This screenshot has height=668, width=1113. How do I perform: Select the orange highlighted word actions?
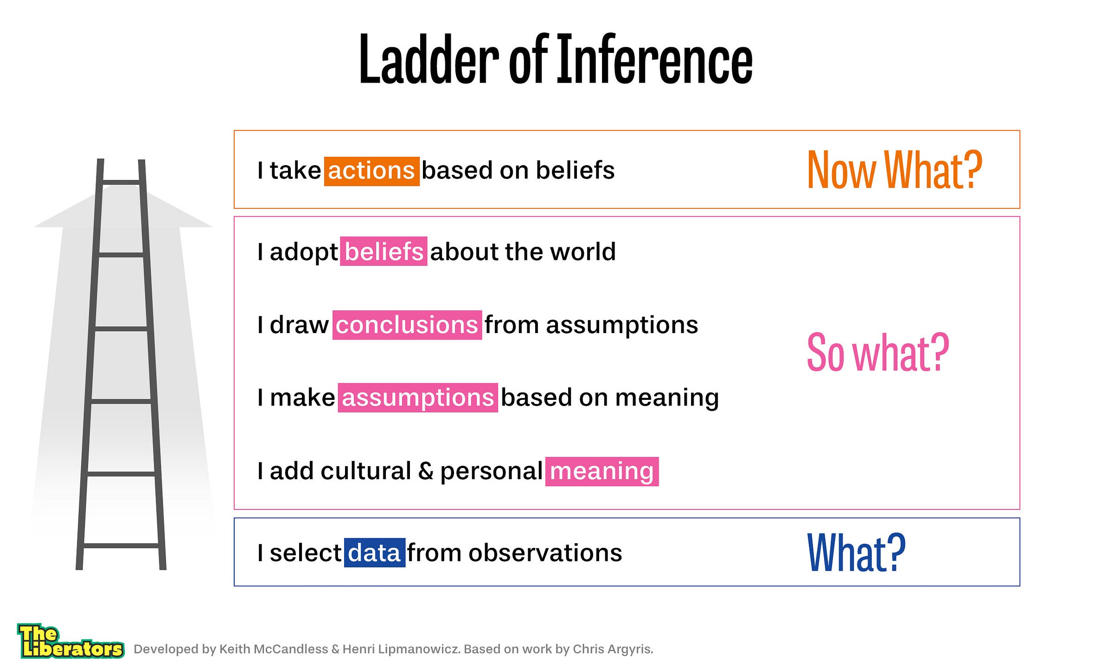[371, 171]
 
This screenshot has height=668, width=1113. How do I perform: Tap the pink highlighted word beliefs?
[384, 251]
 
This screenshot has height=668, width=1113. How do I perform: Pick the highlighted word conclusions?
[407, 325]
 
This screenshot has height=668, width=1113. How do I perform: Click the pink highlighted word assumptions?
[418, 398]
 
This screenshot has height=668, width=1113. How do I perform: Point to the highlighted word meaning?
[602, 471]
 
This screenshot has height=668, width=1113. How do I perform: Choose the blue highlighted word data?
[374, 552]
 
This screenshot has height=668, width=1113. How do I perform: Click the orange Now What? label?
[895, 170]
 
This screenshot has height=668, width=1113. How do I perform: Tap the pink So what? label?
[878, 353]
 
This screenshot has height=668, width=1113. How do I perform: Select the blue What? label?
[856, 552]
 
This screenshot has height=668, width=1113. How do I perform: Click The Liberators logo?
[70, 641]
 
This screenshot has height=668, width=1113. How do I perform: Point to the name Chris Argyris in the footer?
[613, 649]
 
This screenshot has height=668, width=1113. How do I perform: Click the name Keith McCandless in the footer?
[273, 649]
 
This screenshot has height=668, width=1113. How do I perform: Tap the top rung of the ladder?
[121, 182]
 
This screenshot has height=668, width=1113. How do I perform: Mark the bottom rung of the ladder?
[121, 546]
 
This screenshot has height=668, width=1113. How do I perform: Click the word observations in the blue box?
[545, 553]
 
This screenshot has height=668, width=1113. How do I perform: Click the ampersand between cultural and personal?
[426, 471]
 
